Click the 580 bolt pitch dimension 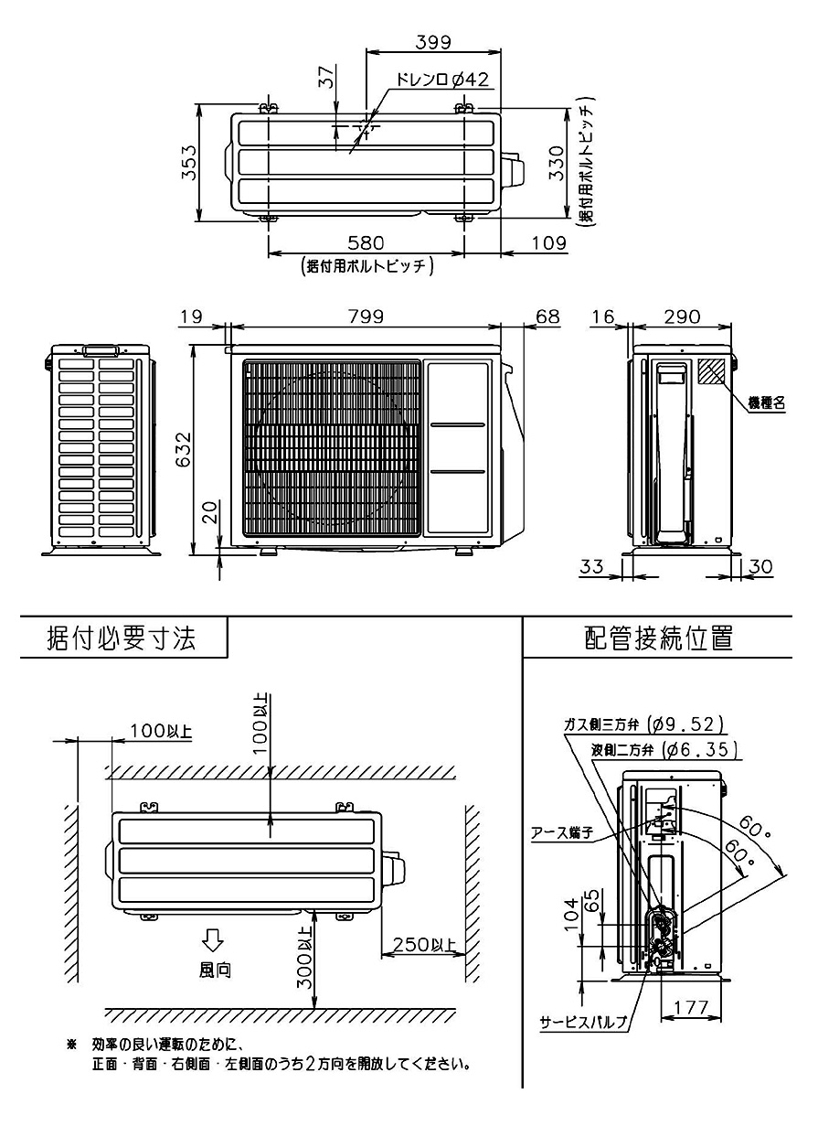click(365, 242)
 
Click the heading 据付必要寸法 click(121, 638)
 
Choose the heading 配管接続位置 click(658, 638)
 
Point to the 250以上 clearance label click(423, 945)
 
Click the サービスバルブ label click(582, 1023)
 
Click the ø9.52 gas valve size click(685, 724)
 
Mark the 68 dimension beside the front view click(547, 316)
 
